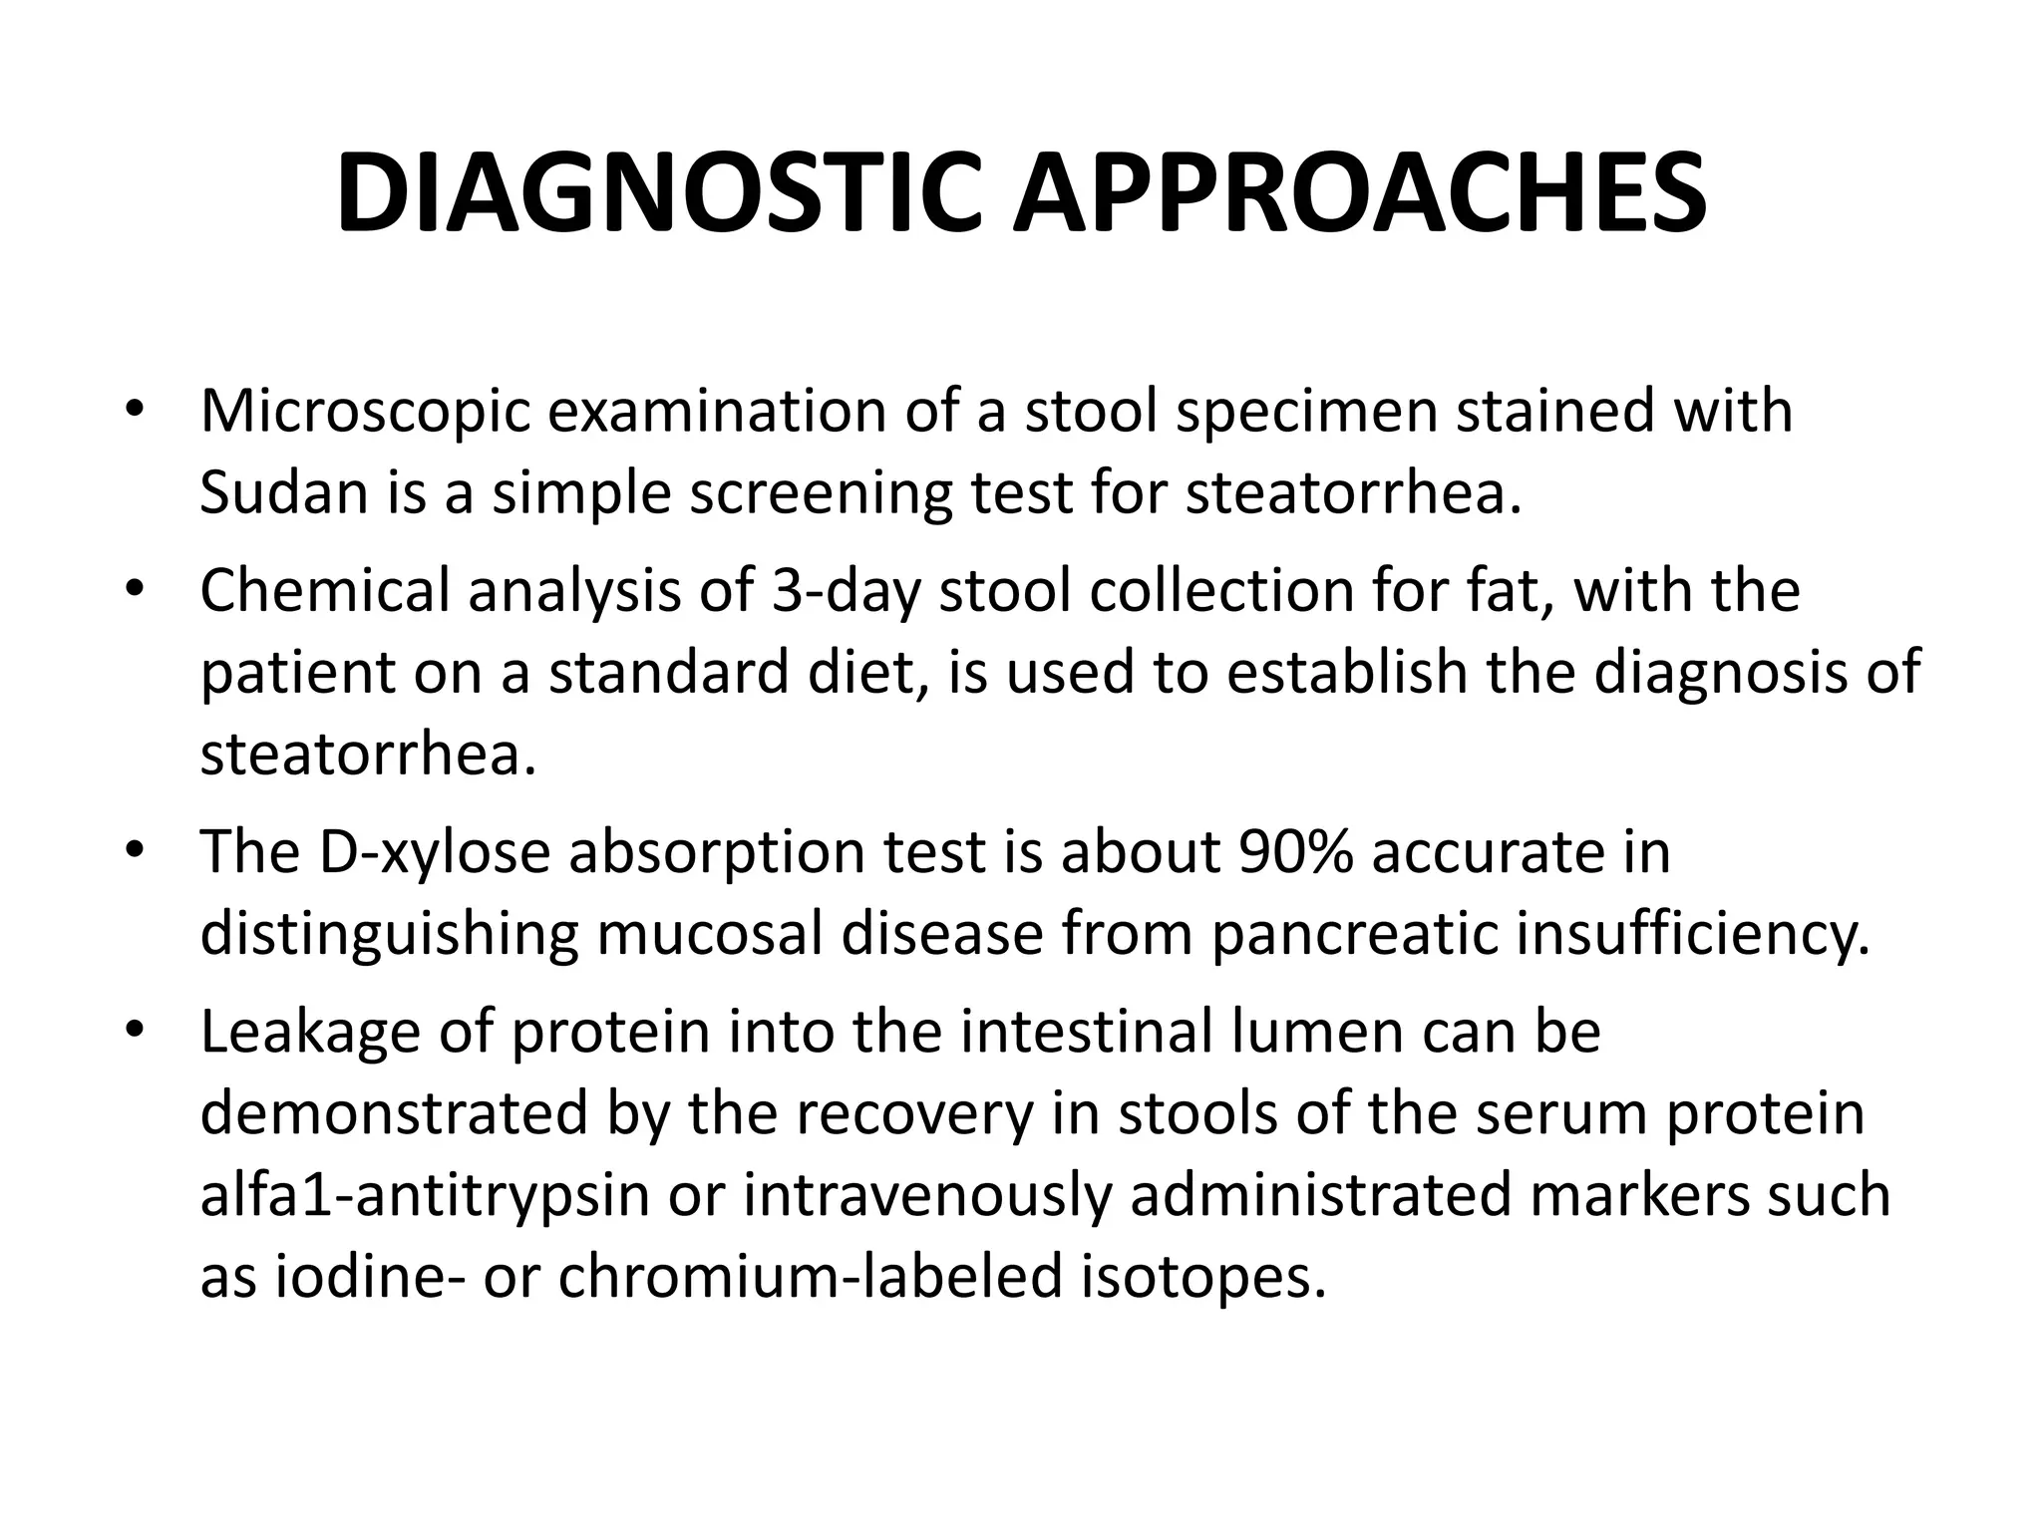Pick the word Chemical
click(x=325, y=590)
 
